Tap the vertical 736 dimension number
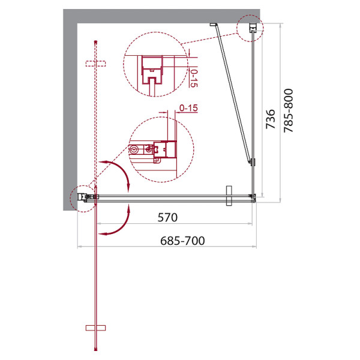click(x=271, y=119)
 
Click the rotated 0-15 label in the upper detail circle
click(x=192, y=77)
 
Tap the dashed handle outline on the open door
click(x=95, y=63)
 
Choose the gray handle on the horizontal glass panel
click(x=228, y=196)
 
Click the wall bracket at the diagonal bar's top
click(x=212, y=25)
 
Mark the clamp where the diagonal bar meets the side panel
click(x=253, y=161)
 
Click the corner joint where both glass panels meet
click(x=253, y=196)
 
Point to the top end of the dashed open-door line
click(x=95, y=40)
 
